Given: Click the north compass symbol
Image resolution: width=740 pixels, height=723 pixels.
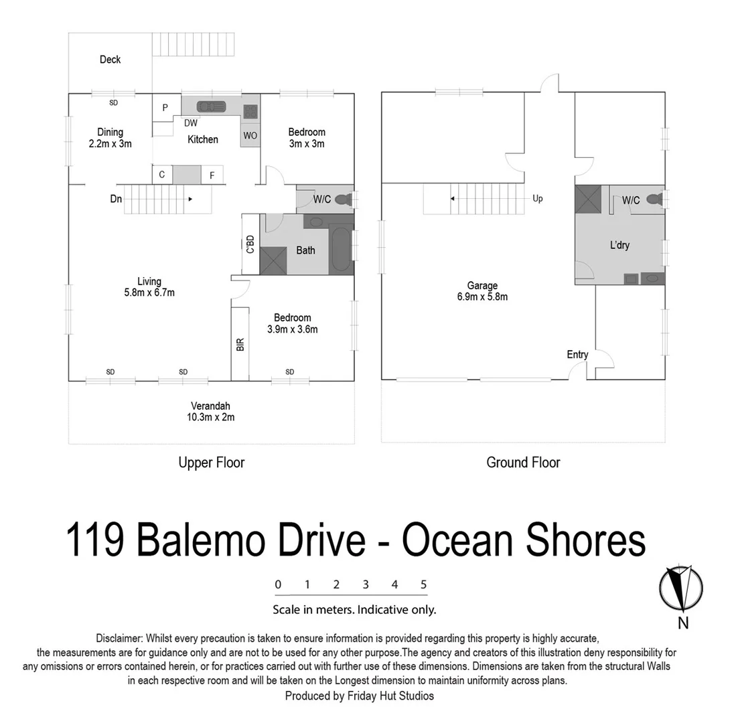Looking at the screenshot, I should click(681, 588).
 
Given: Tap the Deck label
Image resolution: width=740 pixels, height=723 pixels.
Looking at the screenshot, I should click(110, 60).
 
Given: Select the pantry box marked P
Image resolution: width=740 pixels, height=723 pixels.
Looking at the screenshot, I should click(165, 107).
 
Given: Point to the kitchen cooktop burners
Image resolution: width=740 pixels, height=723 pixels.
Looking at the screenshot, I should click(250, 111).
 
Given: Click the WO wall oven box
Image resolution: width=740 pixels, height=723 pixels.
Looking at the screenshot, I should click(250, 135).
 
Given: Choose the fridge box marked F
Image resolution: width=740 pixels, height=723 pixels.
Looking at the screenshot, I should click(212, 175).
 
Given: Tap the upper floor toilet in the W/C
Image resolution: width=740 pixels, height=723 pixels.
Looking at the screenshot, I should click(343, 199).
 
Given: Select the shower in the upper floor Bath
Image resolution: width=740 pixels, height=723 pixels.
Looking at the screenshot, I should click(273, 260).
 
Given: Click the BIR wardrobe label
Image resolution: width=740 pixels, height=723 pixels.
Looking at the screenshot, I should click(240, 344).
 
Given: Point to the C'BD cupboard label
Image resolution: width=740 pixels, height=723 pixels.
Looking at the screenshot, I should click(250, 244).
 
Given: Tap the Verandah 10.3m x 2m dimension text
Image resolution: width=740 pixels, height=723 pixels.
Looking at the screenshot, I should click(211, 417).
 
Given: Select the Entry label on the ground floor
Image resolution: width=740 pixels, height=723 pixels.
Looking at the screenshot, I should click(577, 354).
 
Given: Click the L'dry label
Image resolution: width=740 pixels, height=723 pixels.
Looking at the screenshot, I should click(619, 245).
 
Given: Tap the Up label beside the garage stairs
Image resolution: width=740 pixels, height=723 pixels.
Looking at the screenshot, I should click(538, 199).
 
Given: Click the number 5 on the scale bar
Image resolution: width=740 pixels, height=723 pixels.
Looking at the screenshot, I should click(424, 584).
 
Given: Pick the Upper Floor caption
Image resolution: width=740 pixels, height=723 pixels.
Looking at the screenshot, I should click(211, 463).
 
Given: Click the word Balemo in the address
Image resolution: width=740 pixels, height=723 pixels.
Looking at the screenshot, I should click(250, 541).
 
